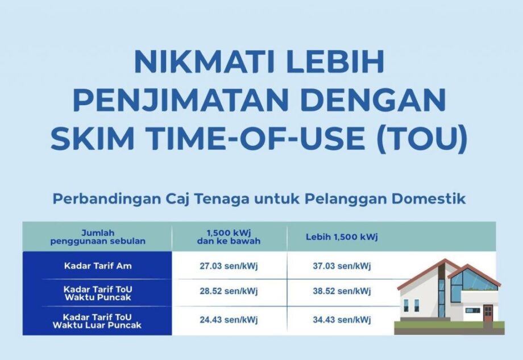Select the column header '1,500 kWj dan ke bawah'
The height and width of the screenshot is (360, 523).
[x=229, y=237]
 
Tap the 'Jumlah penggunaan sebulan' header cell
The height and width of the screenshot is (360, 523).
[x=97, y=237]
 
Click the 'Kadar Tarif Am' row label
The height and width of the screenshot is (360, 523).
[x=97, y=266]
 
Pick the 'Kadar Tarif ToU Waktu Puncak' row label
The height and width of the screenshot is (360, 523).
[x=97, y=292]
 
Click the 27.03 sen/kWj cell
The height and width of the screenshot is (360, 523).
[x=229, y=266]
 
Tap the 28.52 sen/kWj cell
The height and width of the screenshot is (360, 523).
[x=229, y=292]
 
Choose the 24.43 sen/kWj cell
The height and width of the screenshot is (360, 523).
[x=229, y=320]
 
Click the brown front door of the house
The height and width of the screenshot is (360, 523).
[x=488, y=313]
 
